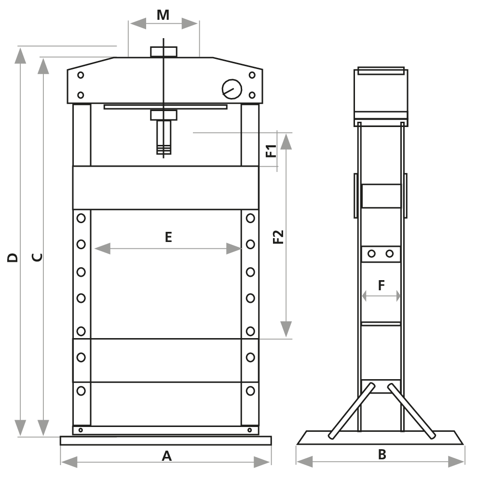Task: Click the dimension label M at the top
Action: tap(164, 15)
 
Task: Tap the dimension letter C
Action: tap(37, 257)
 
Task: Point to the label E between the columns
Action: tap(168, 237)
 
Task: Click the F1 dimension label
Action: tap(271, 151)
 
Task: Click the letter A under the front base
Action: tap(166, 455)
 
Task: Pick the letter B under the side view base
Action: tap(382, 455)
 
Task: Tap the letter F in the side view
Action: tap(381, 285)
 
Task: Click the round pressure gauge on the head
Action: tap(231, 88)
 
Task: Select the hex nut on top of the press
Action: tap(164, 52)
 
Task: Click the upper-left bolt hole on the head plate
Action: tap(81, 75)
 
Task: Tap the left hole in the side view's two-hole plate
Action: tap(371, 254)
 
